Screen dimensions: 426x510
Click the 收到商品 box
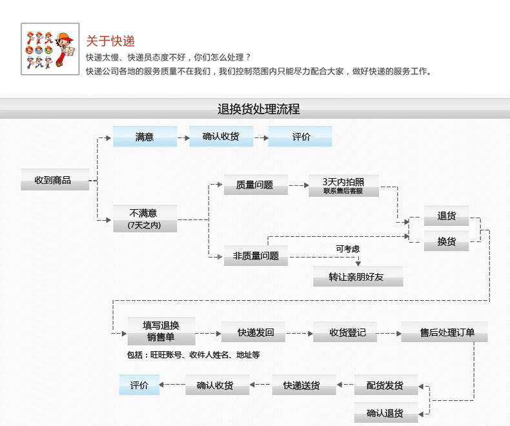point(54,180)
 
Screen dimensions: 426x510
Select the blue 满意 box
point(145,137)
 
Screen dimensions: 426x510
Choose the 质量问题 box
point(255,185)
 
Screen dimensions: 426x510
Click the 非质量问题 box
point(255,256)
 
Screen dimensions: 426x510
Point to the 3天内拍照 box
point(343,185)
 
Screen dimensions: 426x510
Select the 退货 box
point(446,216)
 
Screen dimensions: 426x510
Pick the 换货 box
point(446,241)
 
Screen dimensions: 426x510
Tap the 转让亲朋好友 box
point(357,277)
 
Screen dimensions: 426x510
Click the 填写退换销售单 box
point(161,331)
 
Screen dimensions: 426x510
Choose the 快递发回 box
point(254,332)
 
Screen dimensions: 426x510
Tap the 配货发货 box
point(385,385)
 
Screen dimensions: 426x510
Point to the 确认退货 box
point(385,412)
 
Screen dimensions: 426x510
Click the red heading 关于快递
point(110,41)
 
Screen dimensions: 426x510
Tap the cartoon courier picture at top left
point(50,49)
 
